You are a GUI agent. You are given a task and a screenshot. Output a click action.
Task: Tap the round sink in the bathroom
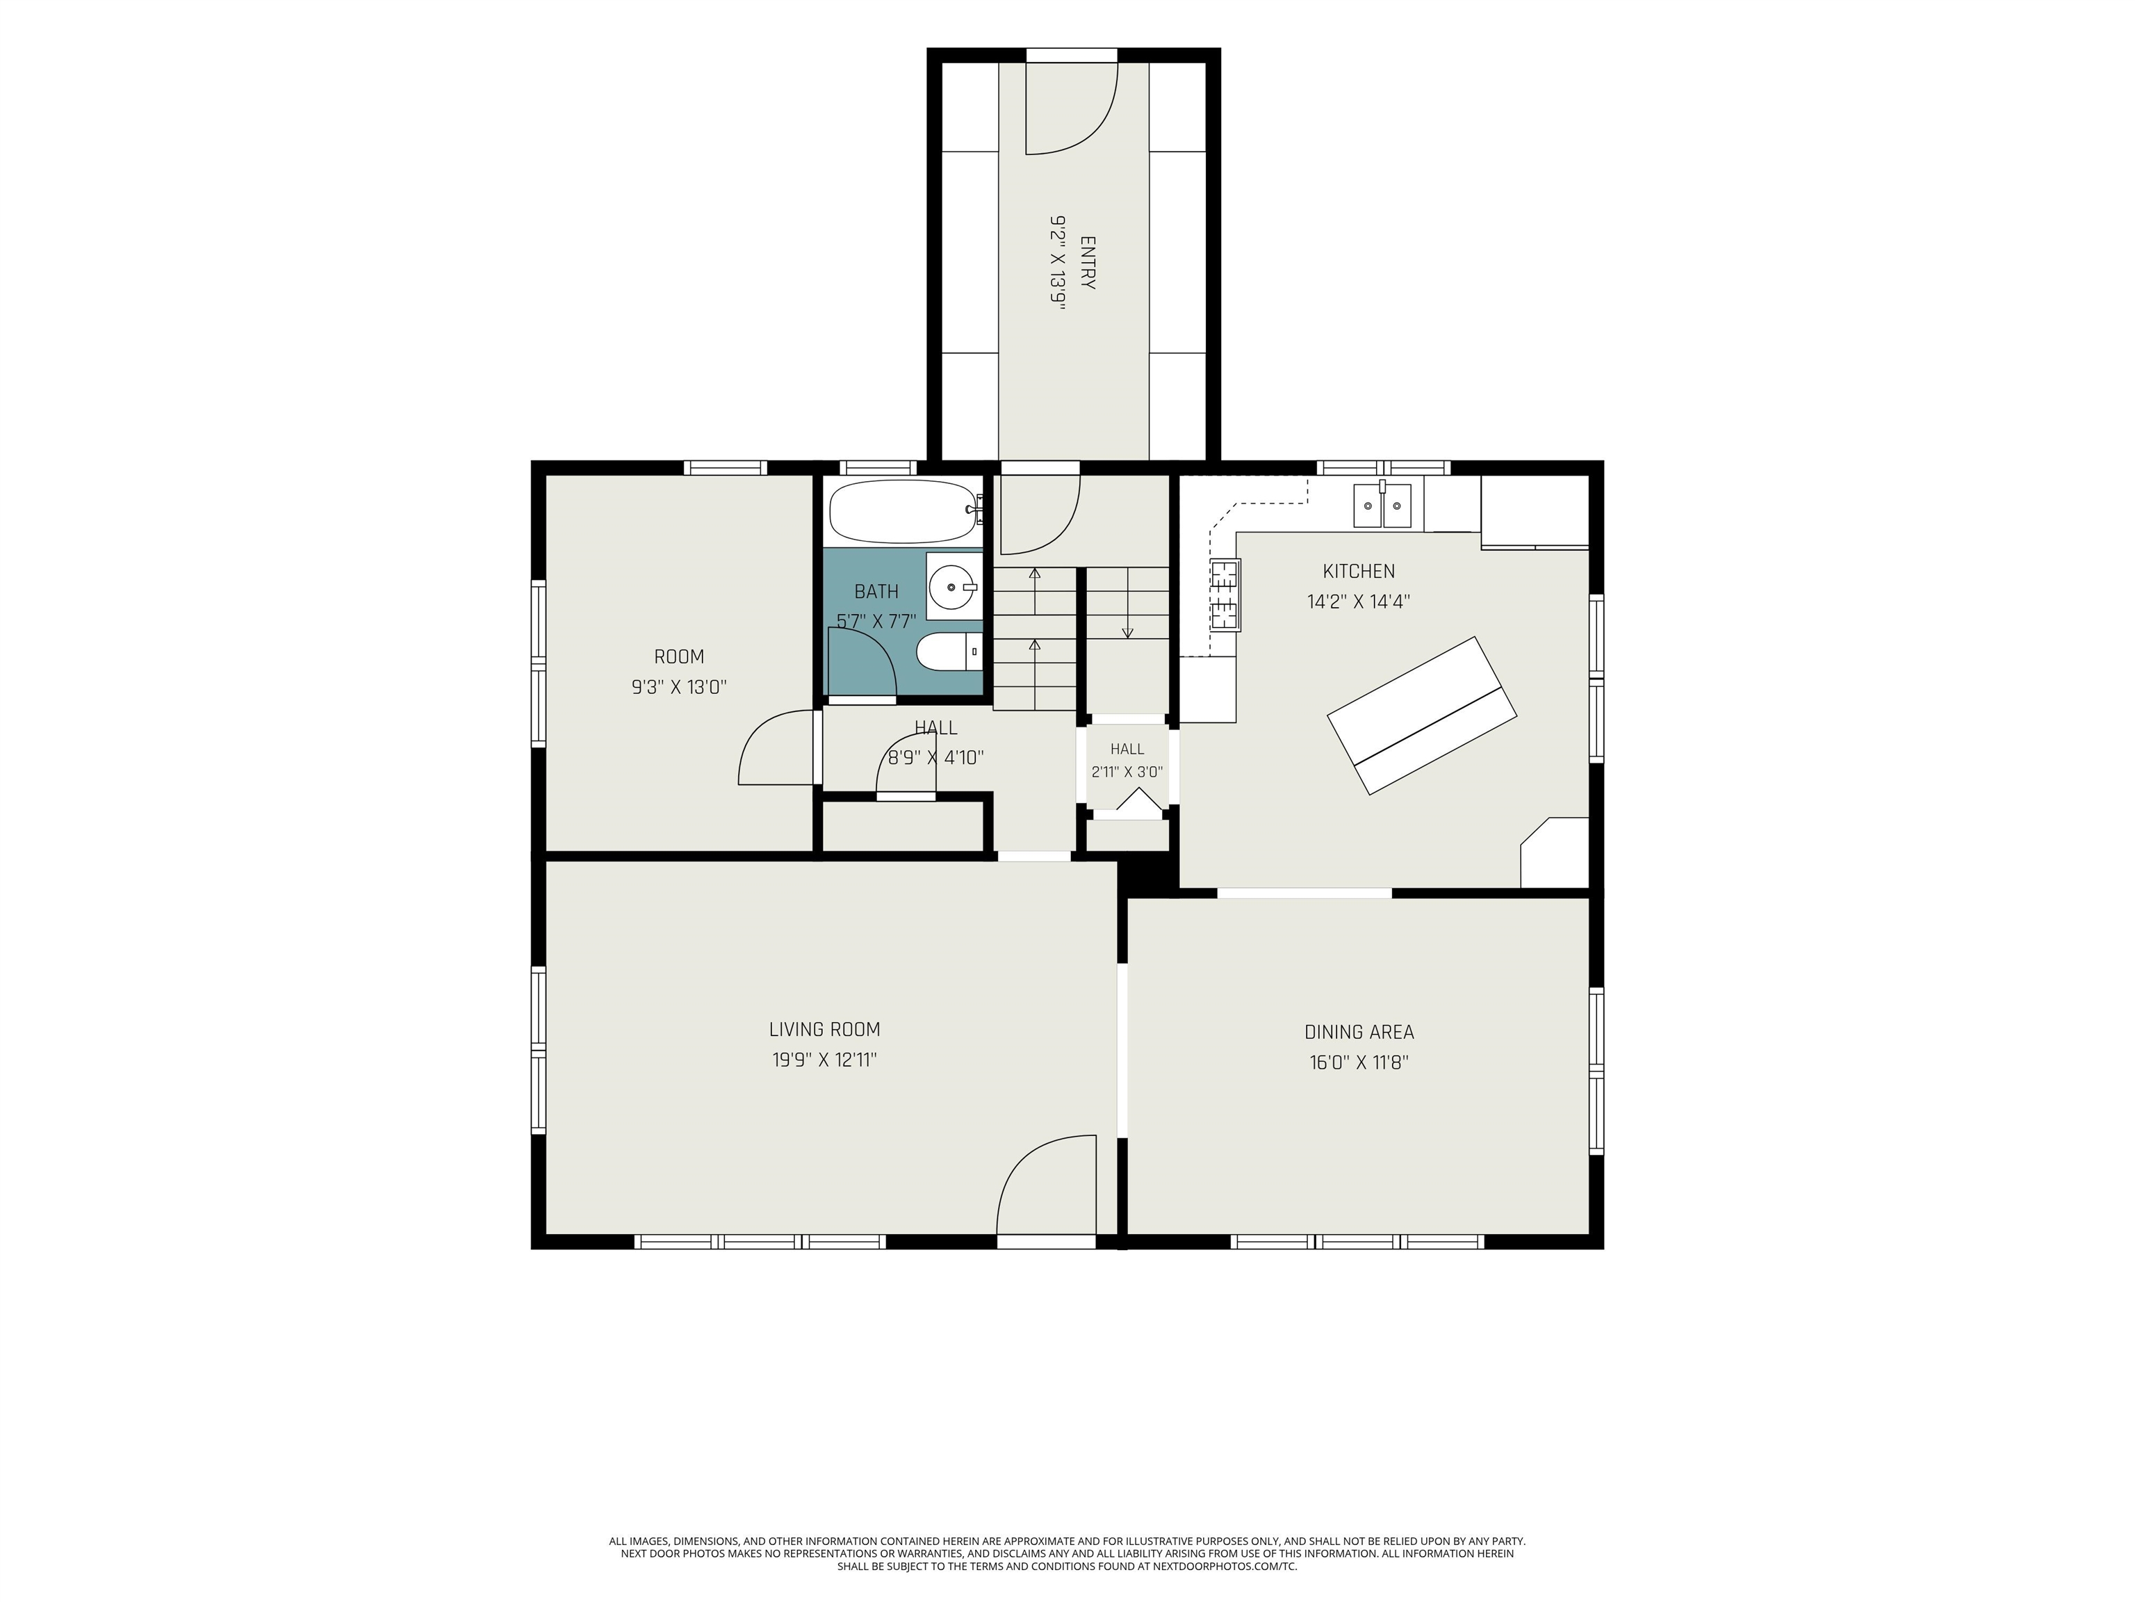(x=954, y=585)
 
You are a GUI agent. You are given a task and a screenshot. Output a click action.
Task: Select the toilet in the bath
(x=948, y=652)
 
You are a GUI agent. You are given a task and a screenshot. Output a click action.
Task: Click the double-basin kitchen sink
(x=1382, y=505)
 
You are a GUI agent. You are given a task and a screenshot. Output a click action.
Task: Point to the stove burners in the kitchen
(x=1224, y=594)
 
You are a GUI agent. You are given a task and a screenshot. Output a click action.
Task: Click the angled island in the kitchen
(x=1422, y=715)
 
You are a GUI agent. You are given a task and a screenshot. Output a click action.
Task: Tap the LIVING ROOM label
(x=824, y=1029)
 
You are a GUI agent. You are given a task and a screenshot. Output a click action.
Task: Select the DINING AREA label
(x=1359, y=1033)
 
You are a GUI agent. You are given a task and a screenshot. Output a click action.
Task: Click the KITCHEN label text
(x=1358, y=571)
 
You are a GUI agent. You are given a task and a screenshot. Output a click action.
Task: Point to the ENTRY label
(x=1088, y=263)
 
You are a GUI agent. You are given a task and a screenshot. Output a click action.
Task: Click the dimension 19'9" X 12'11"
(x=824, y=1060)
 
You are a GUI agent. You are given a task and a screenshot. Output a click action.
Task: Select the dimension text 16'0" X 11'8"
(x=1359, y=1063)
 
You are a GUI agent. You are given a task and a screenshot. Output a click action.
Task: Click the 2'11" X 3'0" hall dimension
(x=1127, y=772)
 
